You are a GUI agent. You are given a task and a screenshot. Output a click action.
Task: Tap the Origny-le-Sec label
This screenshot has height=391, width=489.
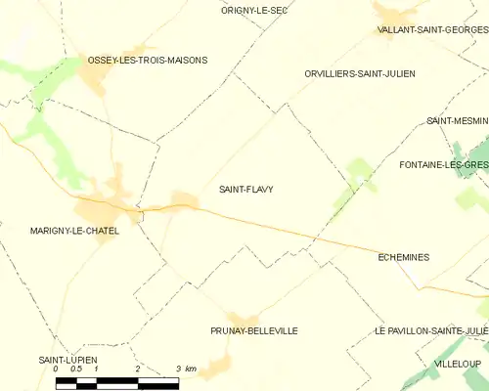(253, 10)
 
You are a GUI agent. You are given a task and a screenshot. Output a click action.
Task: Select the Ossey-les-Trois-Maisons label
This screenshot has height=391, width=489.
(148, 60)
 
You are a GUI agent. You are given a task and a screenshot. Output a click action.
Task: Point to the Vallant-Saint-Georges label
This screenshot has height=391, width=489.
(432, 30)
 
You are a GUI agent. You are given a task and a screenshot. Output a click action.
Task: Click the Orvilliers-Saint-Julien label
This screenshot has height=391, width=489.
(360, 73)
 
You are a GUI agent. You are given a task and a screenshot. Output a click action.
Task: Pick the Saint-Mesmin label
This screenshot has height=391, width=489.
(456, 120)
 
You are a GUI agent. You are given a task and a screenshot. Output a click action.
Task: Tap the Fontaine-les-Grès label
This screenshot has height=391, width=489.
(443, 164)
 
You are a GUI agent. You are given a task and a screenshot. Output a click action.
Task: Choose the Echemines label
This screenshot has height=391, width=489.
(403, 257)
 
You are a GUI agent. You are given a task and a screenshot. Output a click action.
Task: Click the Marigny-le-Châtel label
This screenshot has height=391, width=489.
(75, 231)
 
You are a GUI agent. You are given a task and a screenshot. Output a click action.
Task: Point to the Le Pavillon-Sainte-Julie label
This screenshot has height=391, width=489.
(430, 330)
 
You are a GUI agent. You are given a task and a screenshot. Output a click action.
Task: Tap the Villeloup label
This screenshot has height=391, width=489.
(457, 363)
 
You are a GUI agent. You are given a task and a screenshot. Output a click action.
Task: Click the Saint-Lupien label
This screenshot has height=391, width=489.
(67, 360)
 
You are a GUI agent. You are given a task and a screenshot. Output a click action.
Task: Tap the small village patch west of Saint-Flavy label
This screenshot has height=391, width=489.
(184, 200)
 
